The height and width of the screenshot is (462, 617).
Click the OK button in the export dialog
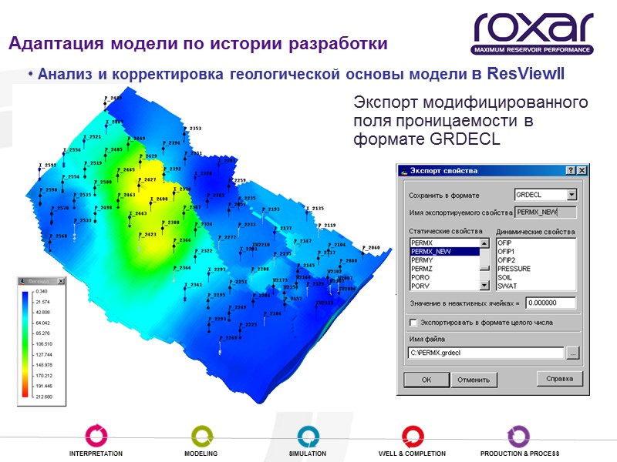(x=426, y=380)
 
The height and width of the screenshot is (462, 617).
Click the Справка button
(x=559, y=379)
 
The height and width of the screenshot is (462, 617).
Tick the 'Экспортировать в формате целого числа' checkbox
(x=413, y=323)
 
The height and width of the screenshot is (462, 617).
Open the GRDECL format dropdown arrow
(x=571, y=196)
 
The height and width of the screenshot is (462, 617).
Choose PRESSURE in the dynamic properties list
(x=514, y=269)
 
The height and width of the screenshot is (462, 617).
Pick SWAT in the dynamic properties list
(x=508, y=286)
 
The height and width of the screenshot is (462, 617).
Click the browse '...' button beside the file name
(x=572, y=353)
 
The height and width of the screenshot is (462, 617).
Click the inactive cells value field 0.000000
(x=551, y=303)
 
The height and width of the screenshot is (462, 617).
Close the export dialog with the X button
(x=582, y=170)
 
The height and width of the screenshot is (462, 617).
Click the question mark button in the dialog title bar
(x=570, y=170)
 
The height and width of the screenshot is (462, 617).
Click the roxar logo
(x=533, y=32)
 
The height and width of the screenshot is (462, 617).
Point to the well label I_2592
(x=49, y=166)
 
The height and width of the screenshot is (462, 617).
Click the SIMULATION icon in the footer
(x=307, y=435)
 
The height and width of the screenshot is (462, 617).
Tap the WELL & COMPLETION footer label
(x=412, y=454)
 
